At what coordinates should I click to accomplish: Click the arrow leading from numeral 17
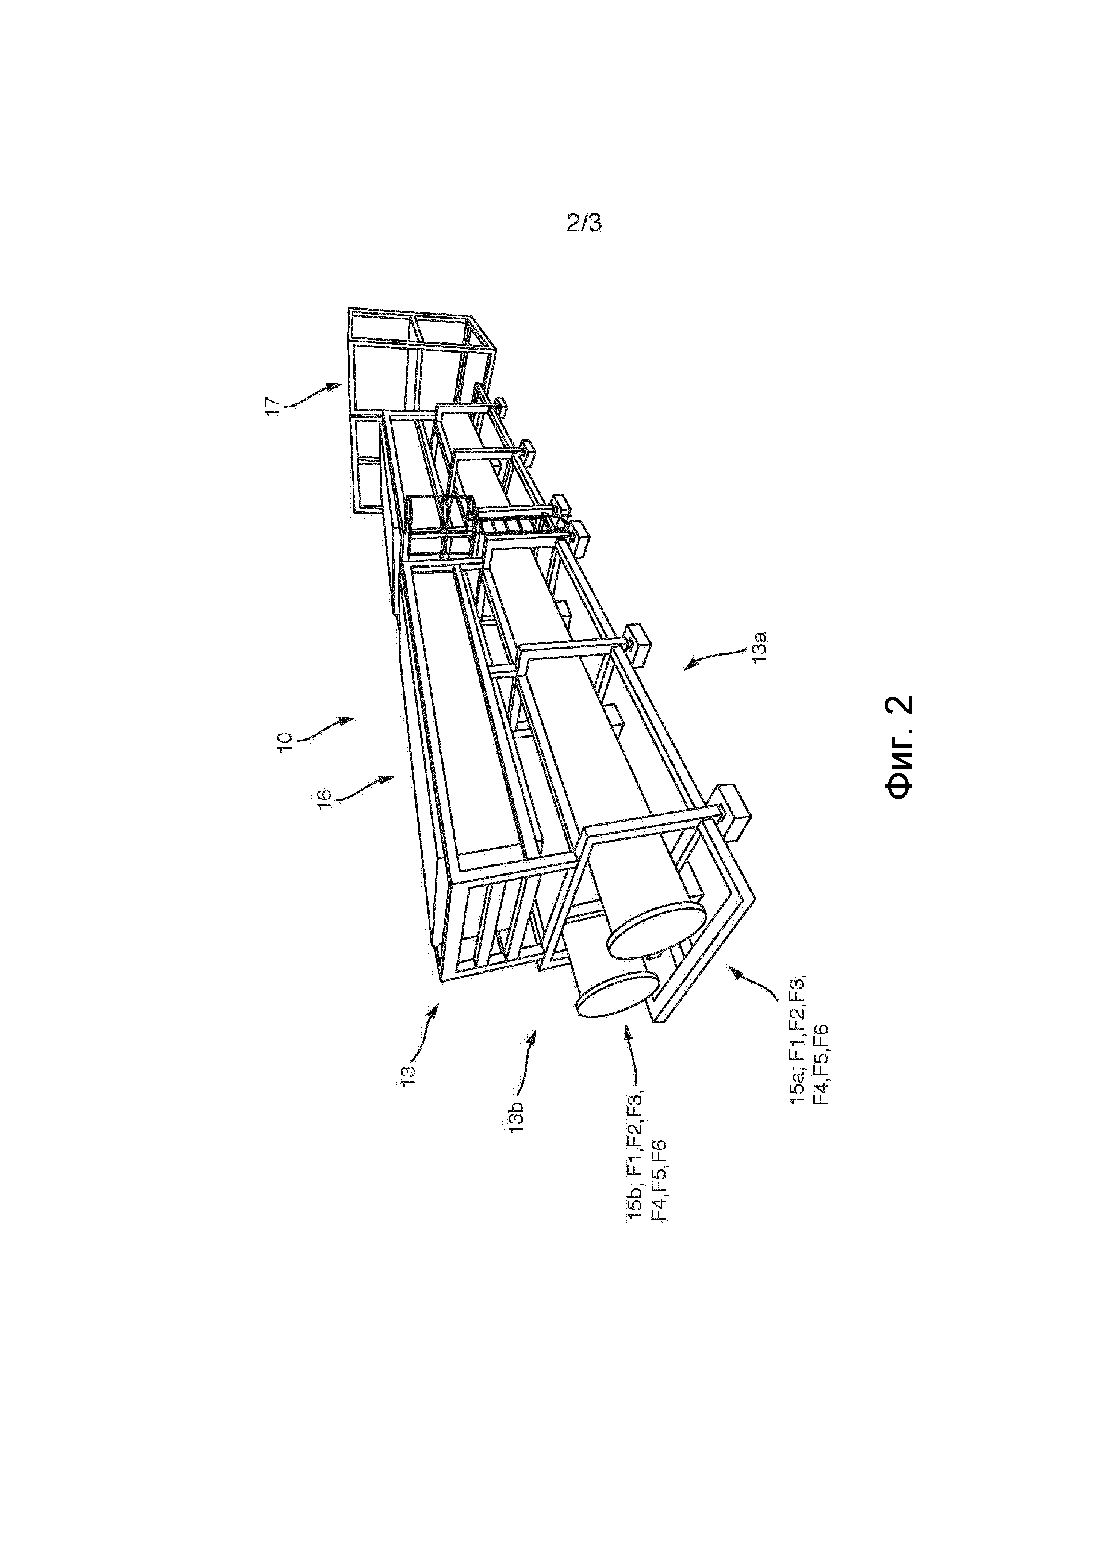(x=312, y=396)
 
